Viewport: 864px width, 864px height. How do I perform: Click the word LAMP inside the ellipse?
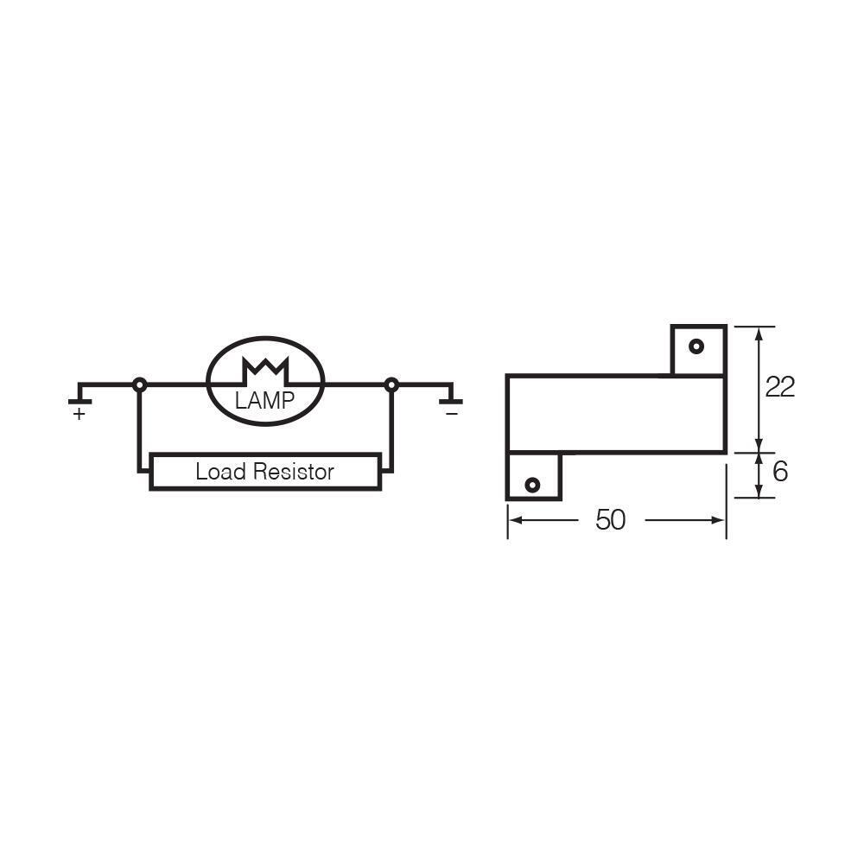pyautogui.click(x=264, y=400)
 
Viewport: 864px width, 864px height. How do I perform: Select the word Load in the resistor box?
pyautogui.click(x=220, y=472)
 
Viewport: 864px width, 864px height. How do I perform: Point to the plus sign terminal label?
pyautogui.click(x=79, y=415)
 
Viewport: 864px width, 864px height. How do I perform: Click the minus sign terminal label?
pyautogui.click(x=451, y=415)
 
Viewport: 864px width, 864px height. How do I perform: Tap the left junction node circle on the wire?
pyautogui.click(x=139, y=384)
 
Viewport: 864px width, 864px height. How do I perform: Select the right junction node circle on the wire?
pyautogui.click(x=391, y=384)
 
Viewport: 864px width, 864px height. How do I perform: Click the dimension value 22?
pyautogui.click(x=779, y=387)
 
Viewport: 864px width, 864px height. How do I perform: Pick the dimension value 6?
pyautogui.click(x=780, y=472)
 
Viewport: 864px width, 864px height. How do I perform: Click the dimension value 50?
pyautogui.click(x=610, y=520)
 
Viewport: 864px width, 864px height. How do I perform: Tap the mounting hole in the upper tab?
pyautogui.click(x=696, y=347)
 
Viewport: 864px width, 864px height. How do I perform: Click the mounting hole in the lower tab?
pyautogui.click(x=532, y=485)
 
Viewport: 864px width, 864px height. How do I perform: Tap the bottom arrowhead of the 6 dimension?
pyautogui.click(x=759, y=492)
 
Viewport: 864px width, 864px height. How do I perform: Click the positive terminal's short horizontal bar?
pyautogui.click(x=79, y=402)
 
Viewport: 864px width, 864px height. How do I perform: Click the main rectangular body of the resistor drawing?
pyautogui.click(x=615, y=415)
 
